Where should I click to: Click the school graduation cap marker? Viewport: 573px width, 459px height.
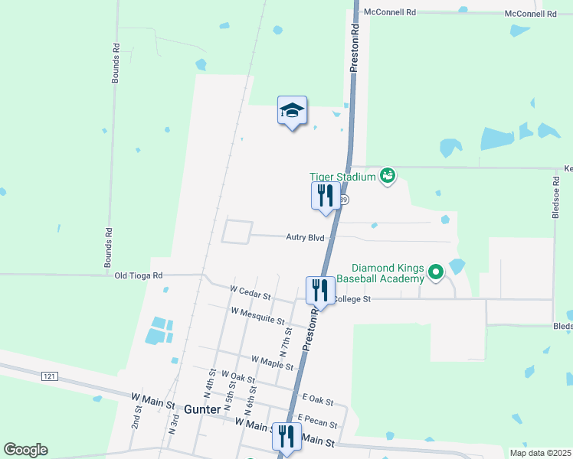(292, 112)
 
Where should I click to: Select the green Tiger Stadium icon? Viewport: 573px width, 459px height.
(388, 177)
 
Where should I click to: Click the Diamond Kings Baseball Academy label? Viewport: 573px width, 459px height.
(387, 273)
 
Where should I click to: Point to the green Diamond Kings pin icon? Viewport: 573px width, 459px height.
(436, 272)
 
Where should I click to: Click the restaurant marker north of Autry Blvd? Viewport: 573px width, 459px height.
(326, 197)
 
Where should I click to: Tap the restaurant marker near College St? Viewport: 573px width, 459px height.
(319, 291)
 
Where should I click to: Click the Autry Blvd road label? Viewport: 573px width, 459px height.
(306, 238)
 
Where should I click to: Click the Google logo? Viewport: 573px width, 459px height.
(25, 450)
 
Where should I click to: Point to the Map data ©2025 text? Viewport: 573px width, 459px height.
(539, 452)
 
